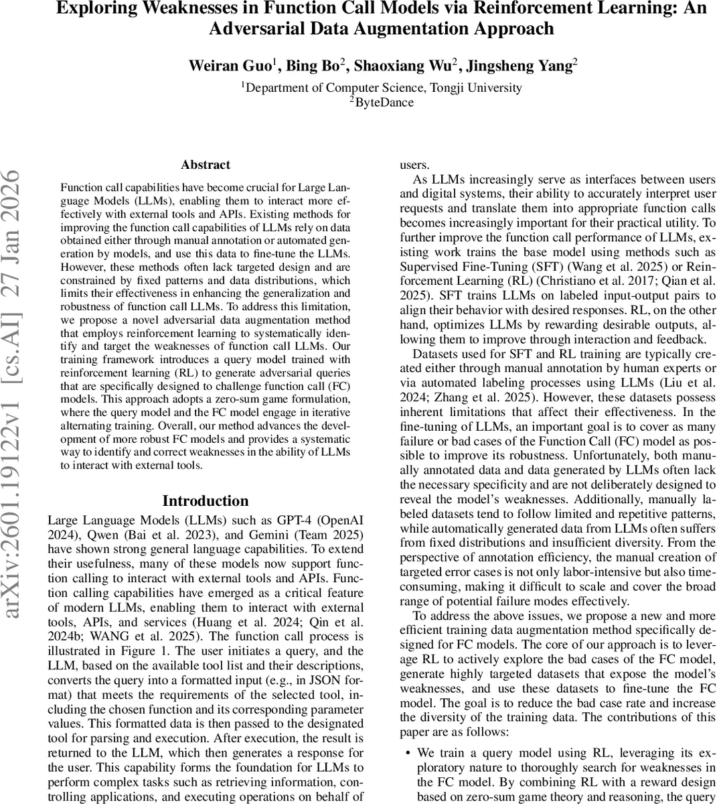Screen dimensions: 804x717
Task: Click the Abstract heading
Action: pos(206,165)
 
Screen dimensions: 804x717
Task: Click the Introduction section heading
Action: pos(206,501)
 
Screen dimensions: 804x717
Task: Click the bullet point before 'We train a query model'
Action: pos(408,753)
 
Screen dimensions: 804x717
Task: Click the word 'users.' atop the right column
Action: pos(415,165)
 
